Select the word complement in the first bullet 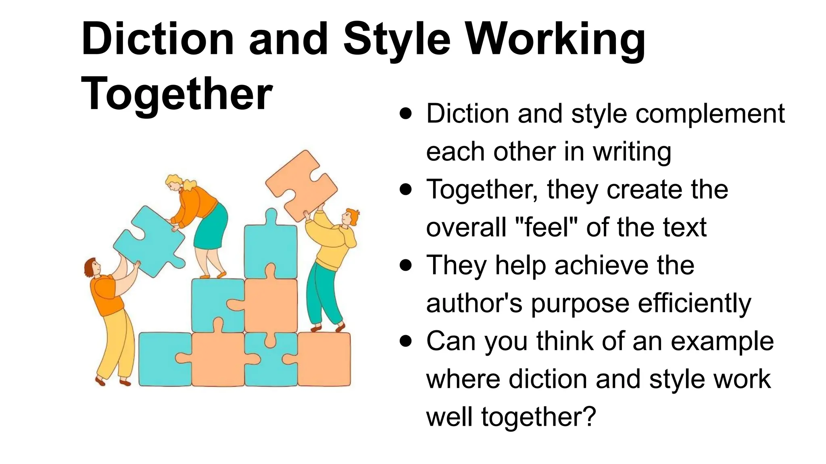(x=710, y=114)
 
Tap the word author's (x=474, y=303)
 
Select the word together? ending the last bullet (x=538, y=417)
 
